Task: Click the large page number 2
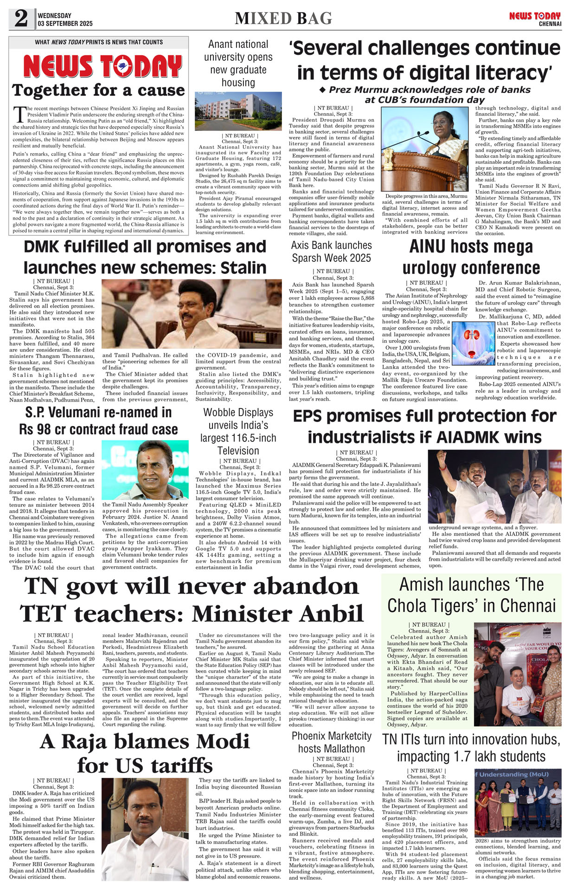point(21,19)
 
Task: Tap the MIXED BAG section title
point(283,19)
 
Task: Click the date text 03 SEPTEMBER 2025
point(65,24)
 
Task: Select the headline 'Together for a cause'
point(98,90)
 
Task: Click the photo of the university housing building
point(238,111)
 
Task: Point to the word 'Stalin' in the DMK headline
point(243,268)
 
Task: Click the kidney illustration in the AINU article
point(473,343)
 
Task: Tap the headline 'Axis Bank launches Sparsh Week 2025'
point(332,251)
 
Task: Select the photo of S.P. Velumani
point(145,470)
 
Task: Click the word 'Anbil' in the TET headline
point(324,614)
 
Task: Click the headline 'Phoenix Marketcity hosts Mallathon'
point(332,742)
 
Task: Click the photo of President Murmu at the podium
point(424,149)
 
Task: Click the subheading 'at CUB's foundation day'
point(424,100)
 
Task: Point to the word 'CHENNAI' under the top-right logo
point(550,24)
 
